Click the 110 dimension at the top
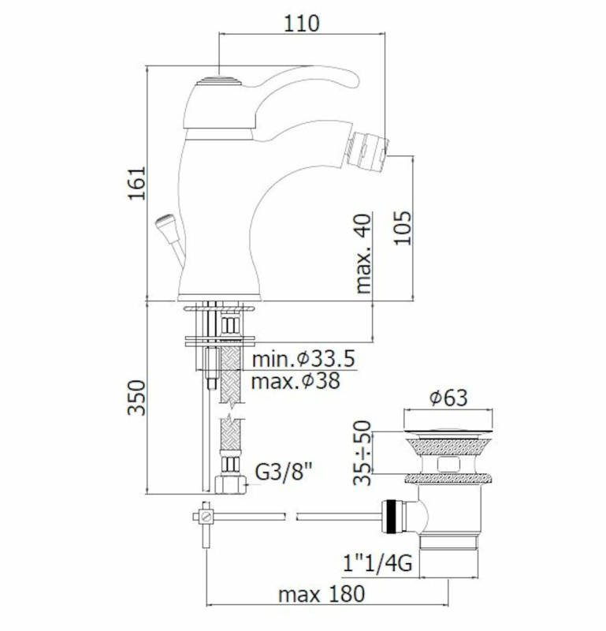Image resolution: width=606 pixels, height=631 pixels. pyautogui.click(x=302, y=24)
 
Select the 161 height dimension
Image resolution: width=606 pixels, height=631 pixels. pyautogui.click(x=136, y=183)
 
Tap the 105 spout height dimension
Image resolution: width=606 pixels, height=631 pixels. pyautogui.click(x=403, y=228)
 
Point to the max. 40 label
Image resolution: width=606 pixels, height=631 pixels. pyautogui.click(x=363, y=253)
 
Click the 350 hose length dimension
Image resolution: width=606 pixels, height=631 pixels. pyautogui.click(x=136, y=398)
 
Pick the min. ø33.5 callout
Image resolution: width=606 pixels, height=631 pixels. pyautogui.click(x=304, y=359)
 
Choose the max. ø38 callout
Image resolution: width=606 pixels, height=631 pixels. pyautogui.click(x=296, y=381)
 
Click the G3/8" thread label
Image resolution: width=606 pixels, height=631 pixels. pyautogui.click(x=284, y=471)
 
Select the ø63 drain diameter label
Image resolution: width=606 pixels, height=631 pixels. pyautogui.click(x=448, y=398)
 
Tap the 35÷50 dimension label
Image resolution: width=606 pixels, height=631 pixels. pyautogui.click(x=362, y=453)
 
